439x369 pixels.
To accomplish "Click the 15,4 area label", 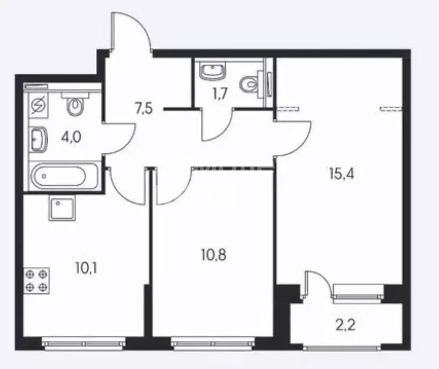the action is [x=342, y=174].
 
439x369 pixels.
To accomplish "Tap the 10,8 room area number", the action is [x=214, y=255].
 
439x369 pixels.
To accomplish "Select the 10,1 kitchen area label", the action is [x=86, y=268].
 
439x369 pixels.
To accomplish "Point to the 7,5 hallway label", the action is [x=144, y=109].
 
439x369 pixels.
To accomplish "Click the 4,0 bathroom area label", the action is [x=71, y=137].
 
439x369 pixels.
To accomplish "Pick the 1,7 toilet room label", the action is [x=220, y=94].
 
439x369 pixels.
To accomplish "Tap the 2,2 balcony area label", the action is [x=346, y=325].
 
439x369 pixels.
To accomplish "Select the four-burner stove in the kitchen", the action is [x=37, y=281].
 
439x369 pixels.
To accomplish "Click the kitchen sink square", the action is [x=62, y=208].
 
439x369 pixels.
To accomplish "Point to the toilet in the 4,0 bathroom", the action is [x=75, y=104].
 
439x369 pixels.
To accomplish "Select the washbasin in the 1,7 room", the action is [x=212, y=71].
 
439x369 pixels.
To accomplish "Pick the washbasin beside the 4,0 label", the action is [x=38, y=139].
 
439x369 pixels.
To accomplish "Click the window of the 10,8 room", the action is [x=213, y=343].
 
